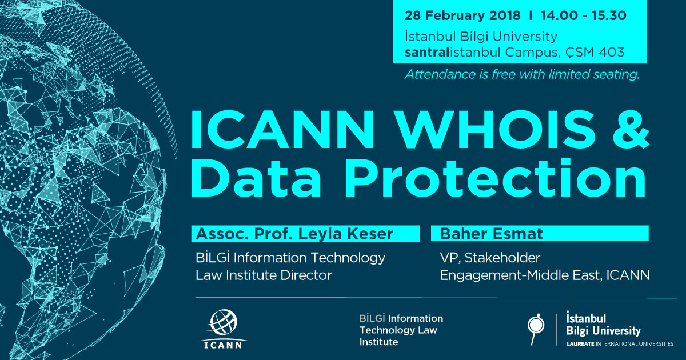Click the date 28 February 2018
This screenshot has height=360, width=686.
pyautogui.click(x=462, y=15)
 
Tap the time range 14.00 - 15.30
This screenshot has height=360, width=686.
pyautogui.click(x=584, y=15)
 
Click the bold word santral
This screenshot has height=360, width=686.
pyautogui.click(x=427, y=53)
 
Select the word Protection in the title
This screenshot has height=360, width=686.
pyautogui.click(x=495, y=177)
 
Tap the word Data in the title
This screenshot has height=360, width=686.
pyautogui.click(x=256, y=177)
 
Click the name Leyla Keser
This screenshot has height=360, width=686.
pyautogui.click(x=345, y=234)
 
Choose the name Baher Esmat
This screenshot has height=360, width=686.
pyautogui.click(x=491, y=234)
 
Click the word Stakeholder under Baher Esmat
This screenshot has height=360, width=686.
pyautogui.click(x=502, y=258)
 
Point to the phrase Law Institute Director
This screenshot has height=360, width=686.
pyautogui.click(x=264, y=275)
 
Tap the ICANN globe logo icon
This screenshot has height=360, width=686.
pyautogui.click(x=224, y=322)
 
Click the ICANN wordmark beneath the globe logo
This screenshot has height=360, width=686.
pyautogui.click(x=223, y=345)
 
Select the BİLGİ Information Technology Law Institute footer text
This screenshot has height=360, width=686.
pyautogui.click(x=401, y=330)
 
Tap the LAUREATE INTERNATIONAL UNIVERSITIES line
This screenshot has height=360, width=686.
pyautogui.click(x=620, y=344)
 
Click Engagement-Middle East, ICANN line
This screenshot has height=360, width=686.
pyautogui.click(x=545, y=275)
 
